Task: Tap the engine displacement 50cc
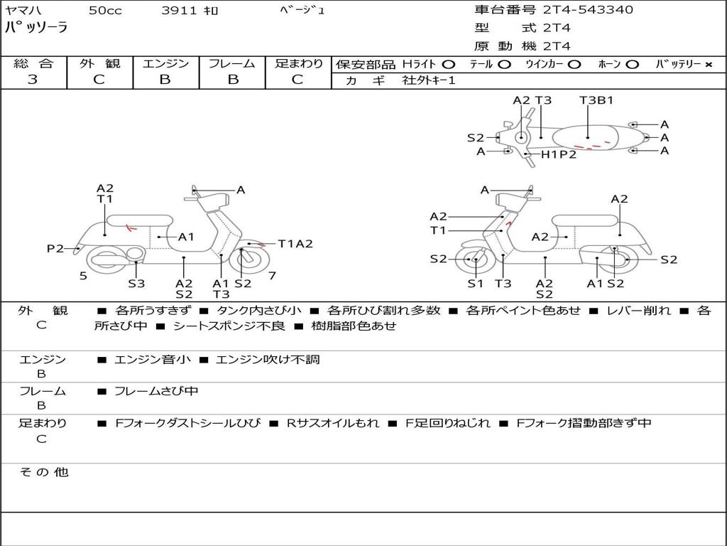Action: (104, 11)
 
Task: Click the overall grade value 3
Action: (33, 80)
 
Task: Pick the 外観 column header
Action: (99, 63)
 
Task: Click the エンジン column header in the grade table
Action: (165, 63)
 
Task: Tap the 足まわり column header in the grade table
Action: (298, 63)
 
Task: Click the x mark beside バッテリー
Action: (708, 65)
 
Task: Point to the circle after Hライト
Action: (449, 65)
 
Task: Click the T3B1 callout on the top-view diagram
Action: (596, 100)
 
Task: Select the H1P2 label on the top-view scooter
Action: (559, 154)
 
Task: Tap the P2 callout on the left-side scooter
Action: (55, 248)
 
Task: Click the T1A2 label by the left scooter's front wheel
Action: (295, 244)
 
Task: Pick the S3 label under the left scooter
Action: (136, 284)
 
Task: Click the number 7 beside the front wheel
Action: (272, 276)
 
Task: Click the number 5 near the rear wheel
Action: (83, 276)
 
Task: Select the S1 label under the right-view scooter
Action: (475, 284)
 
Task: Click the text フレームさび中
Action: (156, 391)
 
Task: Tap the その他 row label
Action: (44, 472)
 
